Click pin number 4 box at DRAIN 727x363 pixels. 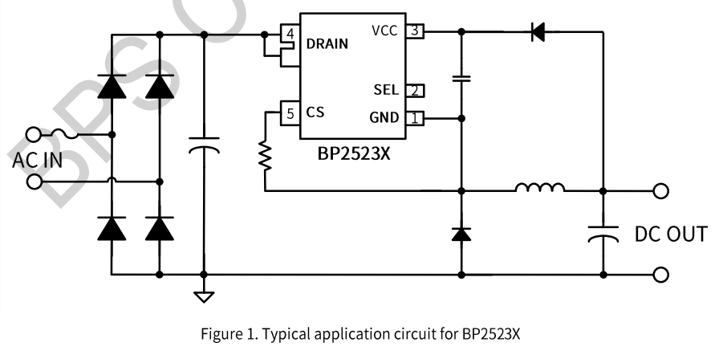(x=290, y=35)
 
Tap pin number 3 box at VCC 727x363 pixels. (x=413, y=32)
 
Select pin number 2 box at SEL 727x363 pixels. (x=414, y=90)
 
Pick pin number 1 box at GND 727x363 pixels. (x=414, y=118)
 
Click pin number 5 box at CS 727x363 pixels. (x=290, y=113)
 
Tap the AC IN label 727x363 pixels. (x=37, y=159)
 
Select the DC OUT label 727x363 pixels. (x=671, y=235)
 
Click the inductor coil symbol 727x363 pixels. (x=539, y=189)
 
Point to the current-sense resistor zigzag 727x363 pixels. (x=265, y=155)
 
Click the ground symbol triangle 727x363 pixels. (x=205, y=296)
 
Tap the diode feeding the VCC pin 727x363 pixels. (x=537, y=33)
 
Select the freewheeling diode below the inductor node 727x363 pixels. (x=461, y=234)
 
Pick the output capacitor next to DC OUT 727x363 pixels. (x=603, y=233)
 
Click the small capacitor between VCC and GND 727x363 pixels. (x=461, y=79)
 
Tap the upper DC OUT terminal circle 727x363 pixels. (x=660, y=191)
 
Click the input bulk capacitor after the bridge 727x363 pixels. (x=205, y=146)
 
